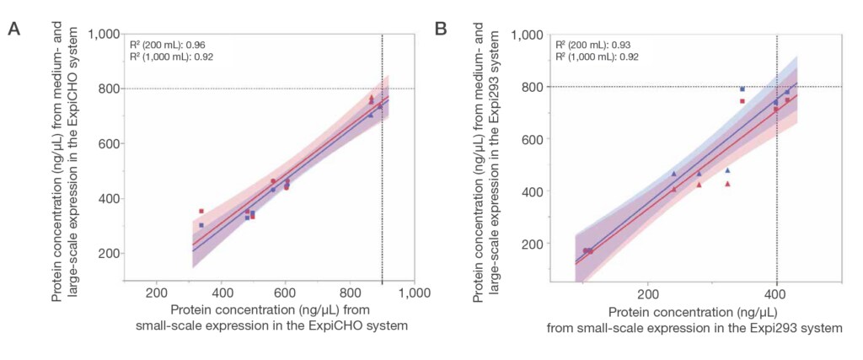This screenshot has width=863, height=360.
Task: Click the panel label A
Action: [x=13, y=30]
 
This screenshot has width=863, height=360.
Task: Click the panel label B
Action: [x=440, y=30]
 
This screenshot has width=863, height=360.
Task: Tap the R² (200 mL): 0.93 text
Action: [x=592, y=45]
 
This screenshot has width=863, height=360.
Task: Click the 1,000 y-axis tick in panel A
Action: [x=102, y=34]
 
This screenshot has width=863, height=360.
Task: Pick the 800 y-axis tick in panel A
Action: [x=106, y=89]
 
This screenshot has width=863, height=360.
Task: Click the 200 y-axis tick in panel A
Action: [x=106, y=254]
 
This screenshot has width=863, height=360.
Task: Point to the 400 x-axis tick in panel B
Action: [x=775, y=294]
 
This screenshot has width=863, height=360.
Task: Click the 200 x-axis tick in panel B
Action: [x=647, y=294]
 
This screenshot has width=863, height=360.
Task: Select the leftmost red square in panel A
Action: [x=201, y=212]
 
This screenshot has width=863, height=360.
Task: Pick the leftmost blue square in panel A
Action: [x=201, y=225]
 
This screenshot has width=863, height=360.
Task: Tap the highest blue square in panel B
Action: [x=742, y=89]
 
